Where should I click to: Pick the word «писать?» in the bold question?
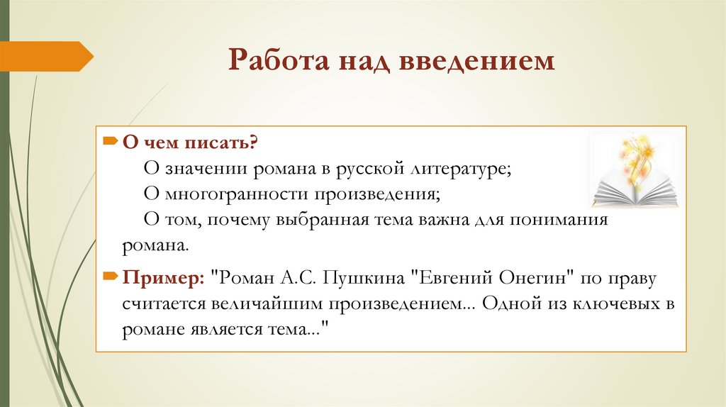(x=225, y=143)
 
